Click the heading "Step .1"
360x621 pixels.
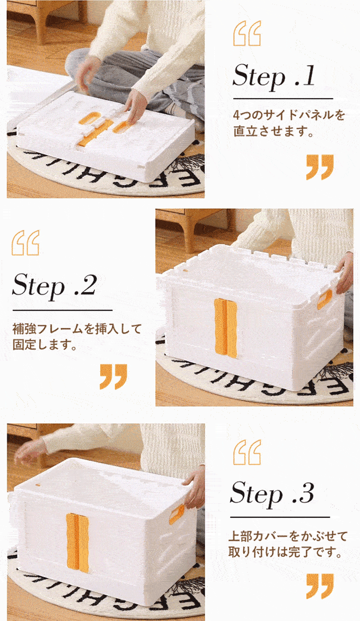pyautogui.click(x=273, y=75)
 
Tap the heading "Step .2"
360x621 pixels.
pyautogui.click(x=54, y=285)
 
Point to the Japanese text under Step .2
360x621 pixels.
pyautogui.click(x=77, y=336)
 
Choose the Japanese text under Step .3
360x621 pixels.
pyautogui.click(x=287, y=544)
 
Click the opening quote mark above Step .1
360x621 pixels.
pyautogui.click(x=247, y=34)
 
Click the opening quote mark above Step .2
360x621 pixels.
pyautogui.click(x=26, y=242)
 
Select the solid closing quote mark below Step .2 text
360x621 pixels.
pyautogui.click(x=113, y=376)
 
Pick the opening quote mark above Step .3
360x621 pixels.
pyautogui.click(x=247, y=452)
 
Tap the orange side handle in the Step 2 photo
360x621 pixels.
pyautogui.click(x=325, y=299)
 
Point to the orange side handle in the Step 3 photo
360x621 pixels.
pyautogui.click(x=176, y=515)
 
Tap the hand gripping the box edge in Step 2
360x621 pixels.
pyautogui.click(x=344, y=273)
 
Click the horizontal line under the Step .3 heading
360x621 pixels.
pyautogui.click(x=280, y=517)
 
